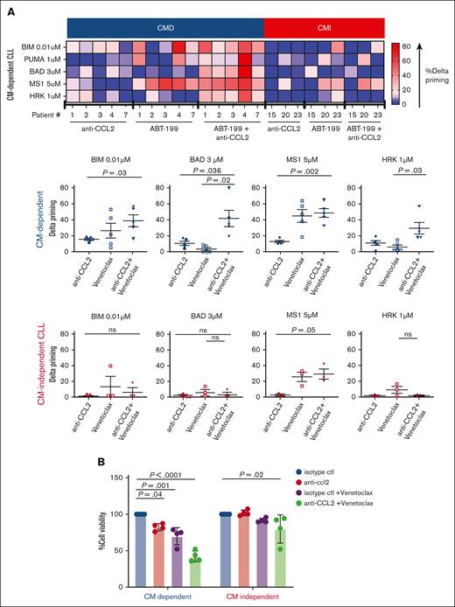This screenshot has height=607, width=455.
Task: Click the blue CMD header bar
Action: [165, 28]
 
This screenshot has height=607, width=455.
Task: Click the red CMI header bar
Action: [324, 28]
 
